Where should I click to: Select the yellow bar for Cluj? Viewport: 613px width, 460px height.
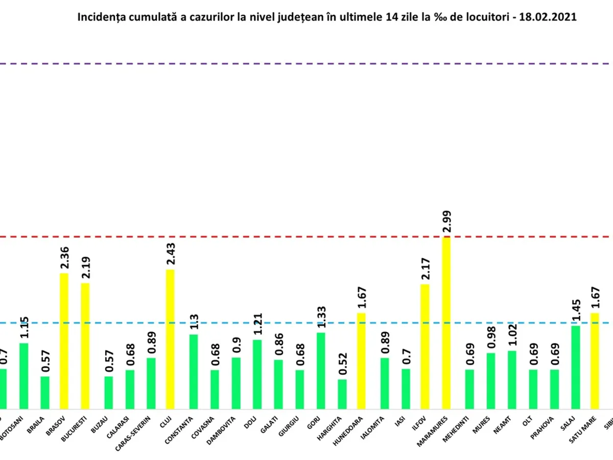170,339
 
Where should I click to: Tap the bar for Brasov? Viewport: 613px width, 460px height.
64,341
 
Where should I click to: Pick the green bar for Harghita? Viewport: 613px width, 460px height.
342,394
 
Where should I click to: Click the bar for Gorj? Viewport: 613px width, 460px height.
321,371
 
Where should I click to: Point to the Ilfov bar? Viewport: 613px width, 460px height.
425,347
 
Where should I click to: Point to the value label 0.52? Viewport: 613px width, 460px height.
342,364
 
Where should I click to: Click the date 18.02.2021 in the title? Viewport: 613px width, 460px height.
553,17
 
